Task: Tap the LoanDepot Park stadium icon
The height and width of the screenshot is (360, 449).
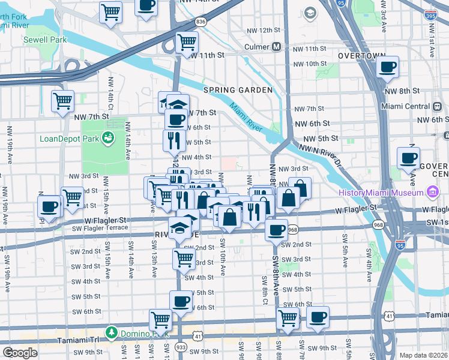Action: point(109,139)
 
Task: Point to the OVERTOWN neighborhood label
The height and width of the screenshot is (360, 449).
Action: point(361,55)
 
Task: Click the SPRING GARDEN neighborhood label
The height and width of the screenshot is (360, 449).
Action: point(238,90)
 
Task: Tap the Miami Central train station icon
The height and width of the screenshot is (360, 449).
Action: point(437,106)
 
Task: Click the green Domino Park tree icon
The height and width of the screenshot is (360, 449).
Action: point(111,331)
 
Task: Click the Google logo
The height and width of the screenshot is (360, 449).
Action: point(20,353)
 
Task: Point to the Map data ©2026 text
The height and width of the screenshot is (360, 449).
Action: point(423,355)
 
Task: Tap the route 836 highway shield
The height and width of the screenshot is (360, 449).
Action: point(201,22)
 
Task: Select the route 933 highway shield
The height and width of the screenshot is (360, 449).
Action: point(181,347)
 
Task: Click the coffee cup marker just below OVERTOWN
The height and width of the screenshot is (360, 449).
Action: point(388,67)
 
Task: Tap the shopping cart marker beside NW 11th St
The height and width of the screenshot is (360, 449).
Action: point(187,42)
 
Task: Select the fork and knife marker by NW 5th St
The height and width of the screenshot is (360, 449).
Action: point(173,140)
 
